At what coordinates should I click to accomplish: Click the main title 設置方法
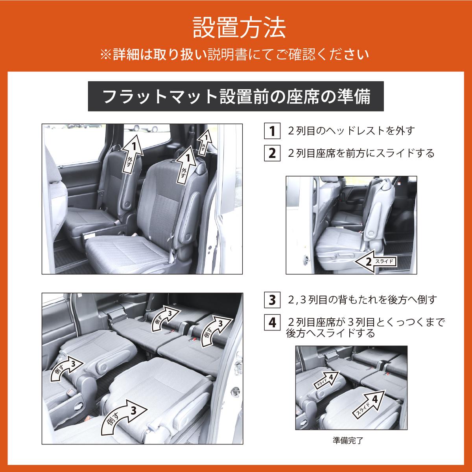[x=239, y=28]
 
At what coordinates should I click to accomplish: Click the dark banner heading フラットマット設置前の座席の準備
[x=236, y=96]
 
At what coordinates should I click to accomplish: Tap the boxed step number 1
[x=272, y=131]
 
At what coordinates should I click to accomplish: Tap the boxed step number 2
[x=272, y=153]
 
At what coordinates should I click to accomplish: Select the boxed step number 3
[x=272, y=300]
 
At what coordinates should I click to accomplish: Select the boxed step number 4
[x=272, y=322]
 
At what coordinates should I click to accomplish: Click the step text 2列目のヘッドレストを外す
[x=351, y=131]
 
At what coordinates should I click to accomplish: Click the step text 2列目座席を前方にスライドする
[x=361, y=153]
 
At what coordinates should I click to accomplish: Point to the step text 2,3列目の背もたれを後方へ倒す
[x=362, y=300]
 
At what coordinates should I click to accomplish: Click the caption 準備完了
[x=348, y=441]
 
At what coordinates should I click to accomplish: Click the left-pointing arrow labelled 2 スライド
[x=375, y=262]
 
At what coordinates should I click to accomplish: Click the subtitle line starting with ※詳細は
[x=235, y=55]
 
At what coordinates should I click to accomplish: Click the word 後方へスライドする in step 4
[x=330, y=333]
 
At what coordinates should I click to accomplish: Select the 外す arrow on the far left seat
[x=132, y=154]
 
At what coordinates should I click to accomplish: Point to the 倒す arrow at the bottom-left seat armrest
[x=66, y=369]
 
